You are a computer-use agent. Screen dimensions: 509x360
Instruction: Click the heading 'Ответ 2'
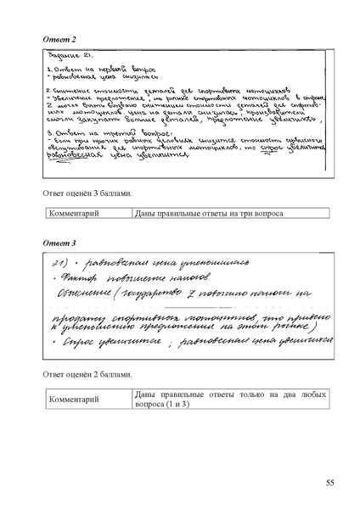pos(60,40)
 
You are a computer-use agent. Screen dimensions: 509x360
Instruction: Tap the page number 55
pos(330,483)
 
